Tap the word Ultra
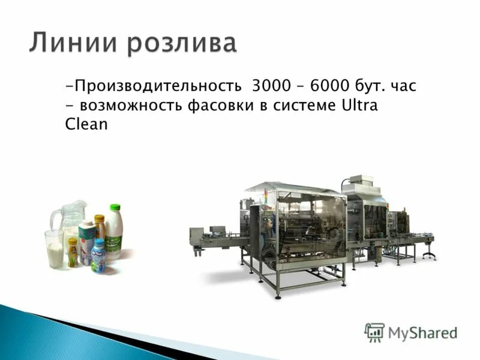pos(359,106)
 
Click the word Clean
pos(86,125)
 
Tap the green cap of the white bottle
pos(115,208)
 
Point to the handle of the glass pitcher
pos(55,219)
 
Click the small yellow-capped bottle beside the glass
pos(73,251)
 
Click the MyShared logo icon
pos(374,332)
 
